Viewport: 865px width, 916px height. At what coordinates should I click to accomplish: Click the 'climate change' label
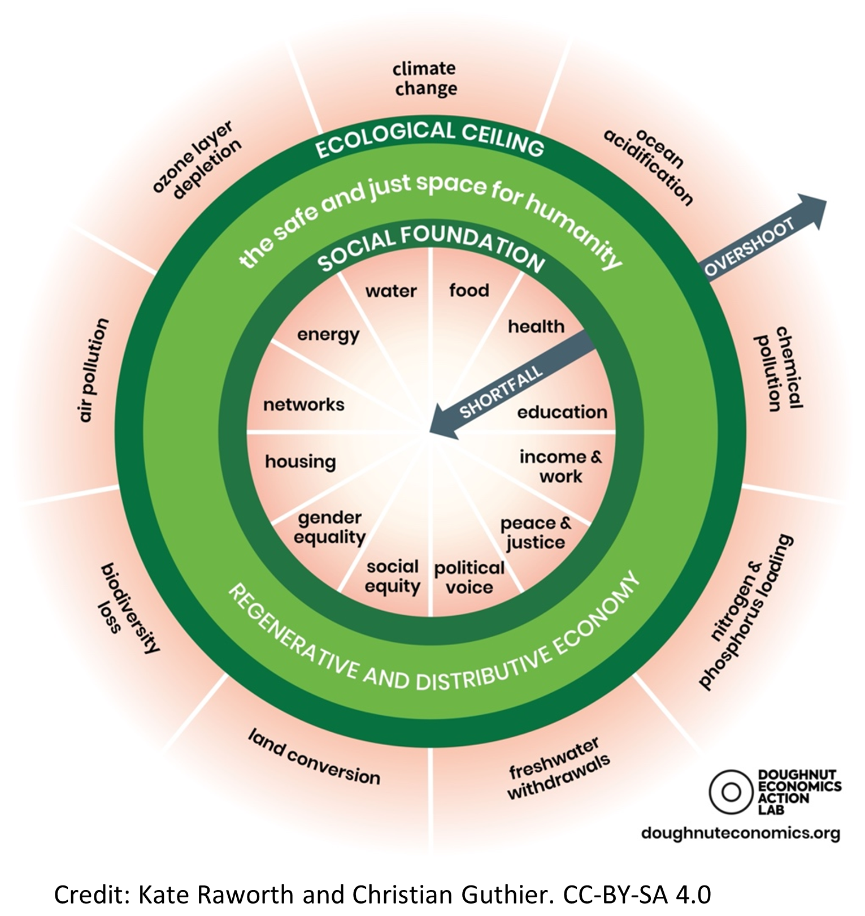pos(425,79)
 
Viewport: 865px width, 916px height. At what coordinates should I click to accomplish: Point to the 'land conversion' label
pos(314,757)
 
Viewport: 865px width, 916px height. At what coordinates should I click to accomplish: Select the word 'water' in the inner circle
pos(391,291)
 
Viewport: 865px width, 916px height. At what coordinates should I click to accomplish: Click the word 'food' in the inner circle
pos(469,291)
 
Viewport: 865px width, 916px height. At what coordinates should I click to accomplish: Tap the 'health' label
pos(536,326)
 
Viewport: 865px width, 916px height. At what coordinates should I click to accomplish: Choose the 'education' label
pos(562,412)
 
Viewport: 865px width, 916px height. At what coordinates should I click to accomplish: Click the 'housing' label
pos(301,462)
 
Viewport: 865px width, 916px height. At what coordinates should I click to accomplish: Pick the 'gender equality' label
pos(330,528)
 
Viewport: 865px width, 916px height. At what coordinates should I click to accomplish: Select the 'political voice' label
pos(469,578)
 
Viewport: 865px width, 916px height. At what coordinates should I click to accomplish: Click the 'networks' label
pos(304,405)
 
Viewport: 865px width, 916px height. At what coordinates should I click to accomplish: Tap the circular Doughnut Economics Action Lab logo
pos(731,792)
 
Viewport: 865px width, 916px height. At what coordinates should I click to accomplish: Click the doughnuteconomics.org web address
pos(741,833)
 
